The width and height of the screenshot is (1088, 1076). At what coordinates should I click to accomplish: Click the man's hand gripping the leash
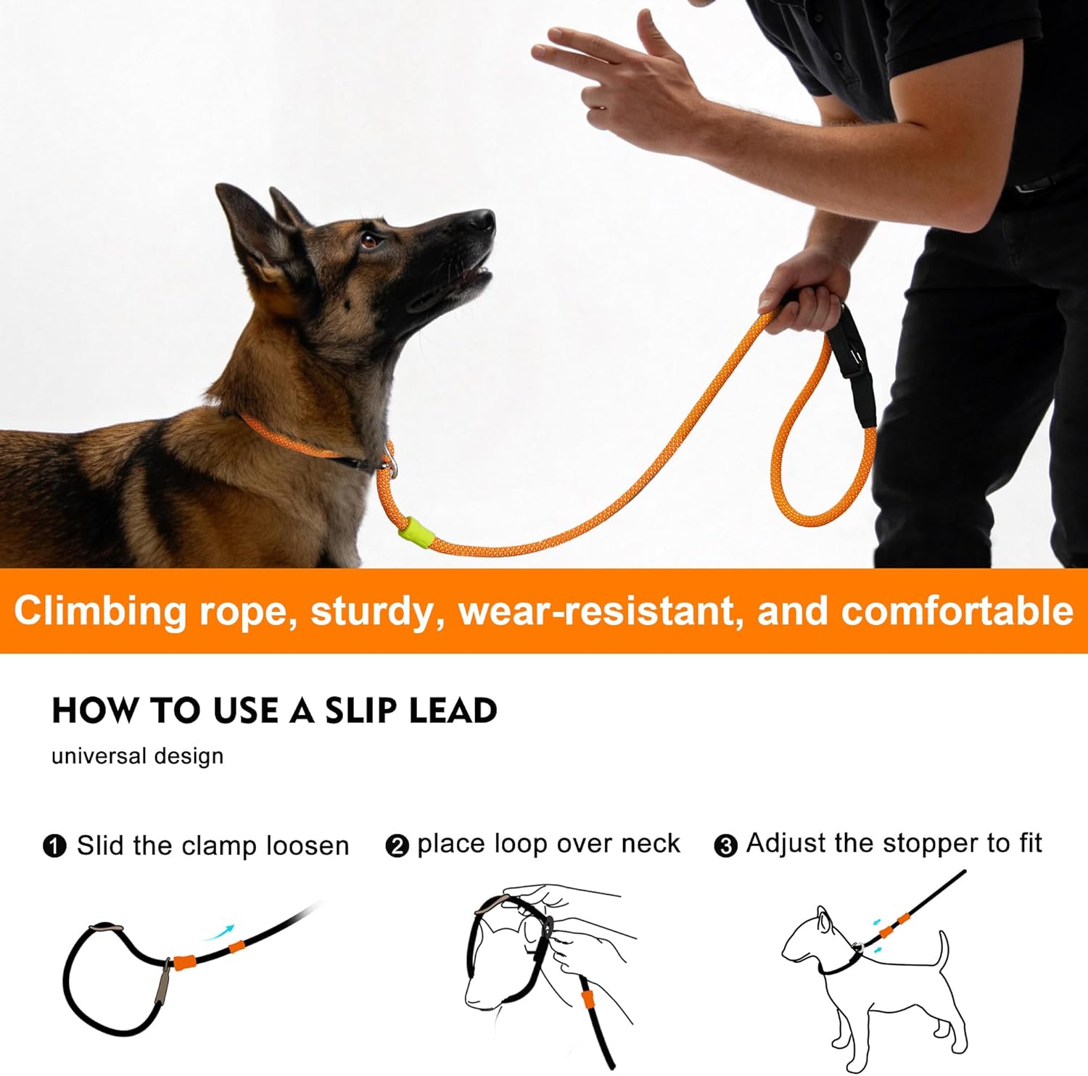pyautogui.click(x=805, y=297)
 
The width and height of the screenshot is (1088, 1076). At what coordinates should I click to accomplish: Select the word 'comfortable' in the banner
pyautogui.click(x=957, y=611)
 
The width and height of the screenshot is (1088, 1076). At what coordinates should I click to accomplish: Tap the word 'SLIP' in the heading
pyautogui.click(x=360, y=711)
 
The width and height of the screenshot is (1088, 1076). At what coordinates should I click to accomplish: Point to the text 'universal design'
pyautogui.click(x=137, y=756)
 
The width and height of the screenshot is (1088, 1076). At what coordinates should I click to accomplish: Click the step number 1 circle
pyautogui.click(x=55, y=846)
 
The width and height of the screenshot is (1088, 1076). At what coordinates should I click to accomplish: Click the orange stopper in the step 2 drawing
pyautogui.click(x=588, y=999)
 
